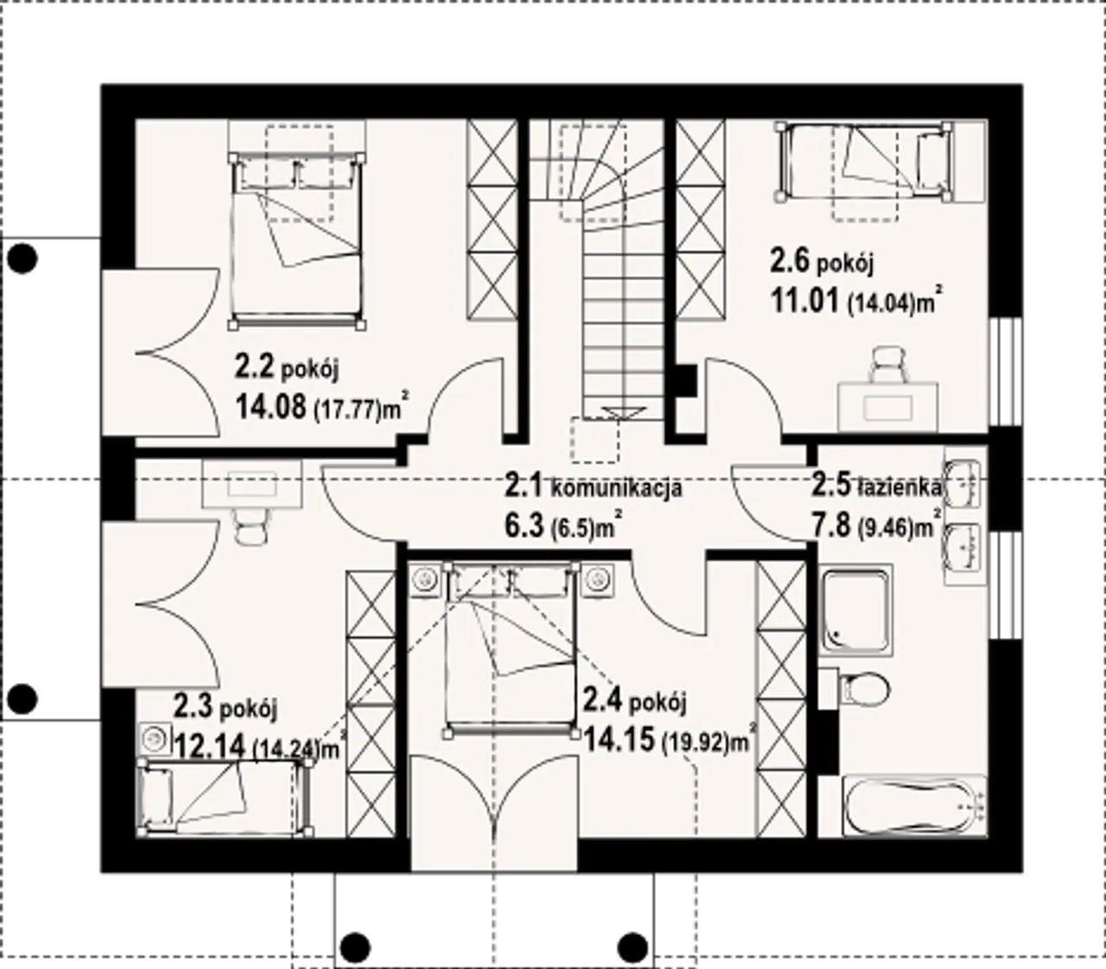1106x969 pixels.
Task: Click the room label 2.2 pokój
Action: (287, 370)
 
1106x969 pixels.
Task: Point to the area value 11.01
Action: (805, 301)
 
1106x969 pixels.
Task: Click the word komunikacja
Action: (616, 489)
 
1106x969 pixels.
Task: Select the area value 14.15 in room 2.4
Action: (620, 740)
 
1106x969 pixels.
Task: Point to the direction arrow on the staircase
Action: (617, 413)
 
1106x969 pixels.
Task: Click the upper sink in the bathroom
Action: (963, 484)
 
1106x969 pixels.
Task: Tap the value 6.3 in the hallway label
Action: (524, 526)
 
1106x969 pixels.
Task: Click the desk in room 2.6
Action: (887, 406)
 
